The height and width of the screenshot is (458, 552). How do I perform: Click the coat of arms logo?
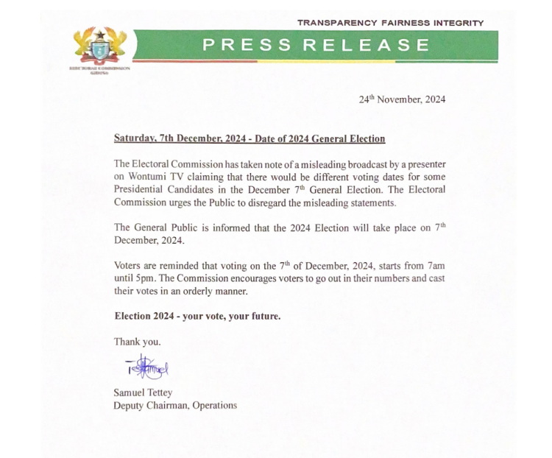(100, 46)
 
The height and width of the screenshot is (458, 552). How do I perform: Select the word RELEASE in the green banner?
(367, 45)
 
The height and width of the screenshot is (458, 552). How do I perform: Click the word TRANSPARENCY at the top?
(338, 23)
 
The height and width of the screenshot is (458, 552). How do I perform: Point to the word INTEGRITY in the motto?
(458, 23)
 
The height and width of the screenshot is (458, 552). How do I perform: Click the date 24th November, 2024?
(402, 99)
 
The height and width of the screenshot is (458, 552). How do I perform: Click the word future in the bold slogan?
(263, 316)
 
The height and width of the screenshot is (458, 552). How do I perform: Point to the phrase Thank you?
(137, 342)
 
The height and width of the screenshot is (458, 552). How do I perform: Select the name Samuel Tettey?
(143, 392)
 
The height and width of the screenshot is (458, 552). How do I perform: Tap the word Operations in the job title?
(215, 405)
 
